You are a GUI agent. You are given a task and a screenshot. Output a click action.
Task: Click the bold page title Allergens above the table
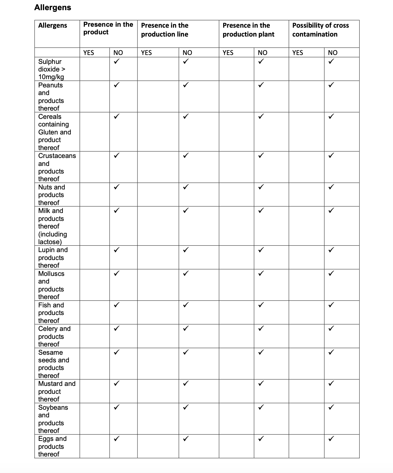pos(53,8)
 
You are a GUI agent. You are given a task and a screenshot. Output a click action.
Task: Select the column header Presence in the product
pos(108,28)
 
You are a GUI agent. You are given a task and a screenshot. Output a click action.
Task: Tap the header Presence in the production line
pos(164,30)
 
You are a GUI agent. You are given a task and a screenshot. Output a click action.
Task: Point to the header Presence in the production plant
pos(248,30)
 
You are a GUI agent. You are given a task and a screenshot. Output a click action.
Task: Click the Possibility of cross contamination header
pos(320,30)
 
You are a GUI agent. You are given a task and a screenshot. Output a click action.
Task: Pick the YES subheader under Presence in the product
pos(89,53)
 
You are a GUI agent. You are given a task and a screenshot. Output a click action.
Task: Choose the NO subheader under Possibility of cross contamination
pos(332,53)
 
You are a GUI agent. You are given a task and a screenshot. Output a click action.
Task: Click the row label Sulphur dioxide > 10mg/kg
pos(51,69)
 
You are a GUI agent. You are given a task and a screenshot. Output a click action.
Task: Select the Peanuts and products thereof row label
pos(51,97)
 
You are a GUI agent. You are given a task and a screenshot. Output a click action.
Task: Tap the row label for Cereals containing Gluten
pos(54,132)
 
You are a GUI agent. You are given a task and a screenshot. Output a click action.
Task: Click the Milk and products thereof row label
pos(52,226)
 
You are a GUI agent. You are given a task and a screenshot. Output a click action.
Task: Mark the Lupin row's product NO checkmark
pos(117,250)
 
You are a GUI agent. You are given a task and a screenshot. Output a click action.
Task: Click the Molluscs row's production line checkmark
pos(186,273)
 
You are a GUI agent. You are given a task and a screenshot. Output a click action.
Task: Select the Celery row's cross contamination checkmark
pos(331,328)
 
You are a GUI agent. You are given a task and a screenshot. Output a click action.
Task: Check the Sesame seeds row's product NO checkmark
pos(117,352)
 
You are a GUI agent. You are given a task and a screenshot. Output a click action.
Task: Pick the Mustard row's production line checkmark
pos(186,383)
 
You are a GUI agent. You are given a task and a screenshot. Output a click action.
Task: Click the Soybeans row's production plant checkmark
pos(261,407)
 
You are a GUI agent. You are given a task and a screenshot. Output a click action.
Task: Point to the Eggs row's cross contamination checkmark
pos(331,439)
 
